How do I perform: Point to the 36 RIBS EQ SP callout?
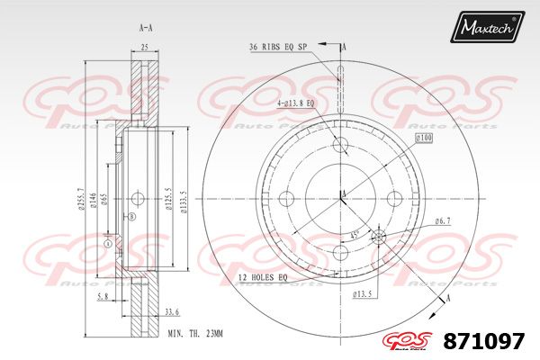point(278,47)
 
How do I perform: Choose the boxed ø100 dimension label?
point(425,137)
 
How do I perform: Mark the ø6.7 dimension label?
point(442,220)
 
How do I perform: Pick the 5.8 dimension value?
point(103,296)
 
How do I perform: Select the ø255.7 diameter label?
point(82,199)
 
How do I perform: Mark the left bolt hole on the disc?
point(291,197)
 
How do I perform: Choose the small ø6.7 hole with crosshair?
point(378,236)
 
